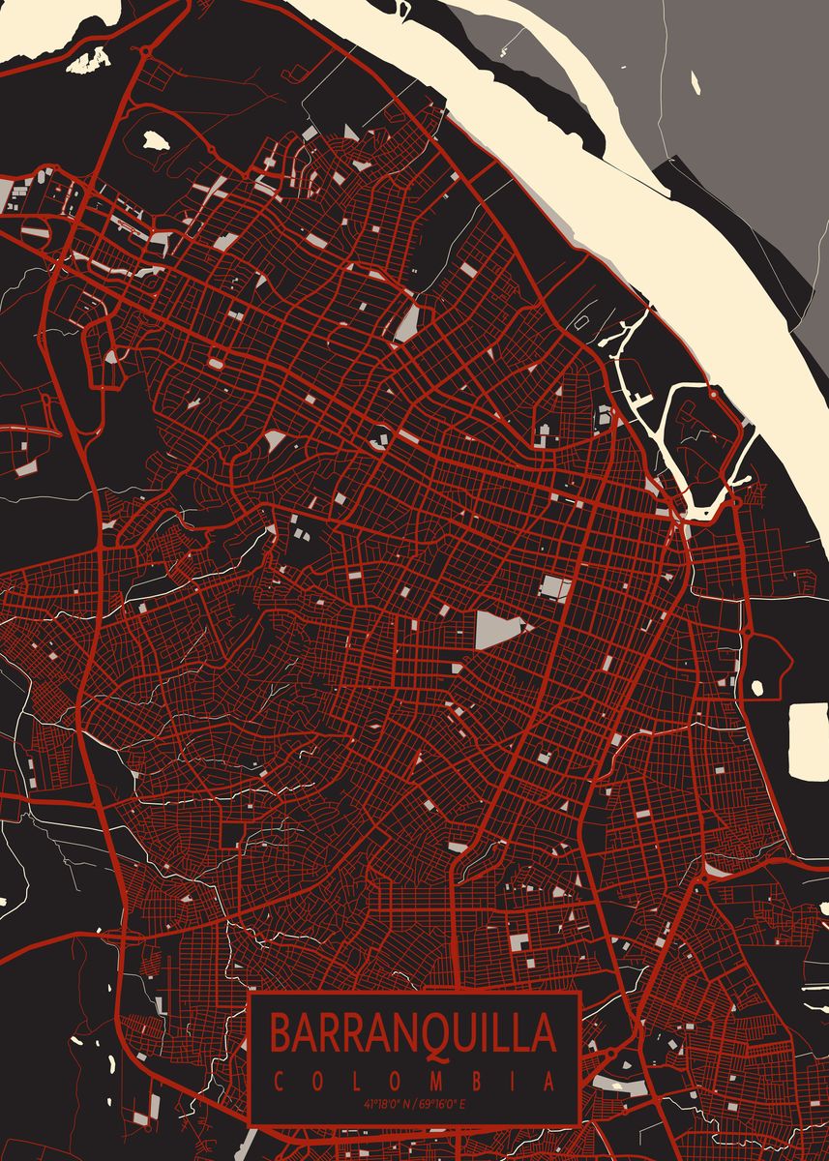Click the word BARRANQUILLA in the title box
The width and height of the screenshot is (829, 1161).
(x=413, y=1032)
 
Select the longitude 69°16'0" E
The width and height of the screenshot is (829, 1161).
(x=441, y=1104)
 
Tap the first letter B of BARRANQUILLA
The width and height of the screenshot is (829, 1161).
(x=280, y=1032)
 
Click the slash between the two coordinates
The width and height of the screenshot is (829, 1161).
(x=414, y=1104)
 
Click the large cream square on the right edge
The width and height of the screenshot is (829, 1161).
(x=809, y=740)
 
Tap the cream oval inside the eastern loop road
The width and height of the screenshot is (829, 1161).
(x=756, y=687)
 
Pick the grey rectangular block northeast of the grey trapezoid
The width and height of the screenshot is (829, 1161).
(x=555, y=587)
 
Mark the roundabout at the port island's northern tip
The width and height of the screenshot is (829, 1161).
(x=713, y=394)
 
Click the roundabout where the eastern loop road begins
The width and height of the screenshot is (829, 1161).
(x=747, y=633)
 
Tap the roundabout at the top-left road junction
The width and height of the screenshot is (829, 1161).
(x=145, y=49)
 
